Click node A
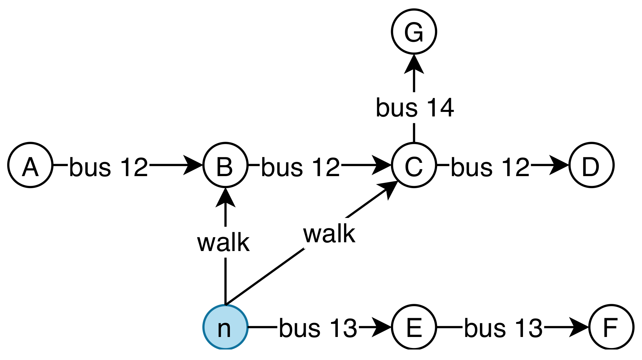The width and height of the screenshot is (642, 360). [x=30, y=165]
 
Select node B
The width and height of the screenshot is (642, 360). [x=225, y=165]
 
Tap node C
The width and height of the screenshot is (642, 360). [x=414, y=165]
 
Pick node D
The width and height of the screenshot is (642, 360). [x=591, y=165]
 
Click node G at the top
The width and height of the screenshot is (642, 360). [x=414, y=31]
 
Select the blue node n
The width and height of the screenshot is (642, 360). [x=225, y=327]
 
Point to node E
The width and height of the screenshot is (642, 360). [x=414, y=327]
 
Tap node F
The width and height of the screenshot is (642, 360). [x=611, y=327]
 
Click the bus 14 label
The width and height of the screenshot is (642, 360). [x=415, y=108]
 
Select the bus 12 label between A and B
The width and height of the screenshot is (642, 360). [x=109, y=167]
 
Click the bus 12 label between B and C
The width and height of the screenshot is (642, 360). [x=301, y=167]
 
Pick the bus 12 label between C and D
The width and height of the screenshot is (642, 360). [x=490, y=167]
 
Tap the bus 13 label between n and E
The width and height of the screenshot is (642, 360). [x=318, y=328]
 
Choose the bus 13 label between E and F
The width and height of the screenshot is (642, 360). [x=503, y=328]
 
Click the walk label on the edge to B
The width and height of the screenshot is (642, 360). [x=223, y=243]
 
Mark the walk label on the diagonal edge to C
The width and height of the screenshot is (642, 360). [x=329, y=234]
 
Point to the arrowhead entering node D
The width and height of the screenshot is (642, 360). [x=559, y=165]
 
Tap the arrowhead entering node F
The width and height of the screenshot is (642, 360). [x=579, y=327]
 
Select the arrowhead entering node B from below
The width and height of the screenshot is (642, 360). [x=225, y=197]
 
